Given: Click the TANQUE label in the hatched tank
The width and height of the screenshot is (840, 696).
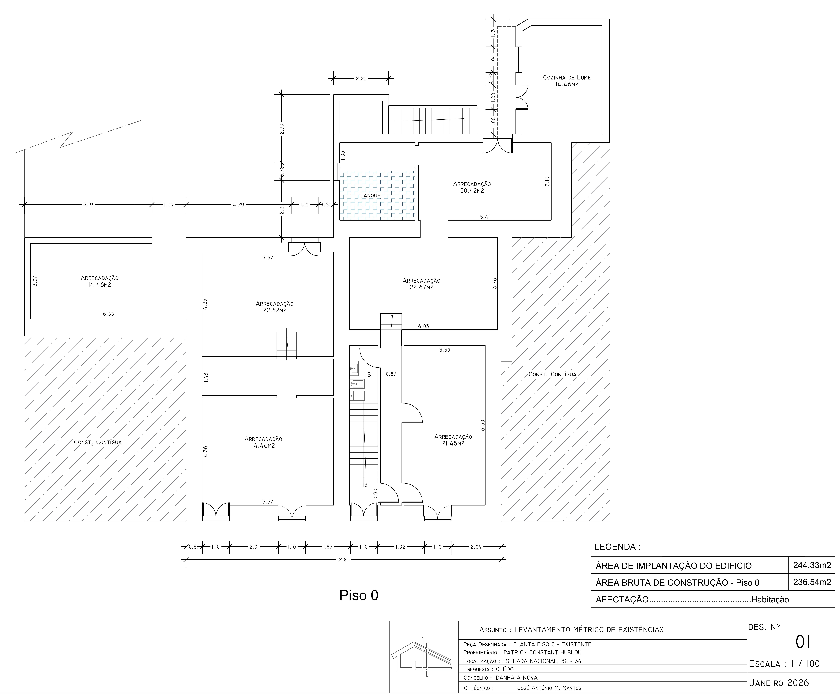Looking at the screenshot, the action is tap(370, 195).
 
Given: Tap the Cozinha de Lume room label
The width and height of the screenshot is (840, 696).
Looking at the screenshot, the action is tap(566, 81).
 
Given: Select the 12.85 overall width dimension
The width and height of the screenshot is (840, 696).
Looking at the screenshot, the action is tap(343, 560).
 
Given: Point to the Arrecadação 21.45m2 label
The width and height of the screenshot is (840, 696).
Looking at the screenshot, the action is tap(453, 440).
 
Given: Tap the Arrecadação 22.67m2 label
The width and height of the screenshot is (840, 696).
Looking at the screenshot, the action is tap(422, 284).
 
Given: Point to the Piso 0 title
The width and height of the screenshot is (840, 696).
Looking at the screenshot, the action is tap(359, 595).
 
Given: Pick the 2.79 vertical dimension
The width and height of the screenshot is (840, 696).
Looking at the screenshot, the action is tap(282, 129).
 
